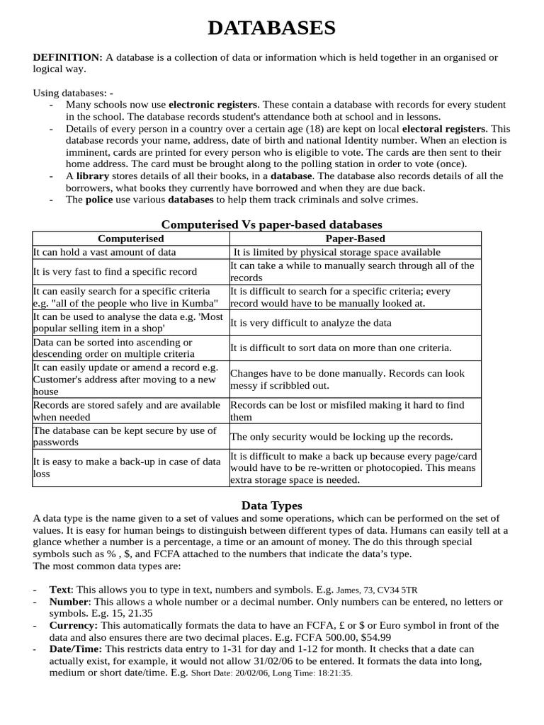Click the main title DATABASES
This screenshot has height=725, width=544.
coord(272,28)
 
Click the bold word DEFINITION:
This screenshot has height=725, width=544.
coord(68,57)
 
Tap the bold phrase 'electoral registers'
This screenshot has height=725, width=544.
coord(444,130)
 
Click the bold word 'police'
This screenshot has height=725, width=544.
coord(99,200)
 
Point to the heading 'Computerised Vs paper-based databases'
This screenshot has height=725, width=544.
coord(272,224)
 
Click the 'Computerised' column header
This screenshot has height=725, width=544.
coord(130,239)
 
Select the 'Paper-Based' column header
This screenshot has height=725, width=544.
coord(355,239)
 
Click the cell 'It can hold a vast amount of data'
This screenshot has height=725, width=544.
coord(105,252)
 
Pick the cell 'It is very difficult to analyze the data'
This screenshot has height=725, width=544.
coord(311,323)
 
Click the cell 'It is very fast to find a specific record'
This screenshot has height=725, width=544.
coord(115,272)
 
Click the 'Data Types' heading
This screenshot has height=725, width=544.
coord(272,506)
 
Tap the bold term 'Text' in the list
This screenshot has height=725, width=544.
coord(61,589)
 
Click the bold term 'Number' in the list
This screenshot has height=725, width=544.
coord(68,601)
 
